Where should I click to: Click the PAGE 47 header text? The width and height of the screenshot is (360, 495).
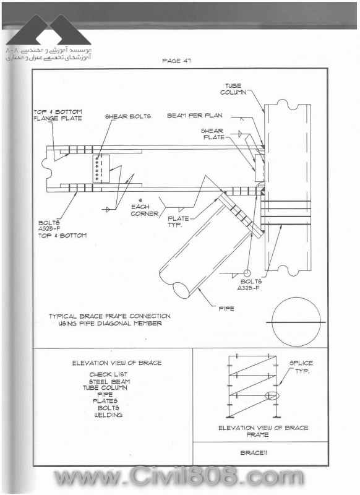[176, 61]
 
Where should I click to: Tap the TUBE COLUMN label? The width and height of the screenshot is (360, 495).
[233, 89]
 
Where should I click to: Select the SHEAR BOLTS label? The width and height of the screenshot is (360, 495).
[128, 116]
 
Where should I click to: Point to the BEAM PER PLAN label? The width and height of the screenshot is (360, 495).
[195, 116]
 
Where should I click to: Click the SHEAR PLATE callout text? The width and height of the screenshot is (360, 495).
[213, 134]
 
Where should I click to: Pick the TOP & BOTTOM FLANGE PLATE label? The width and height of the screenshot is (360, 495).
[58, 115]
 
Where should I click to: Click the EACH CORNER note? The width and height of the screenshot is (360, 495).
[145, 210]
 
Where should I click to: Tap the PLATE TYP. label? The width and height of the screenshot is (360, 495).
[178, 222]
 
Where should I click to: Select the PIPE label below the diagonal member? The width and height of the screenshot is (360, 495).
[226, 308]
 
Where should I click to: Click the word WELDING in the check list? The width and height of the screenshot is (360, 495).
[108, 415]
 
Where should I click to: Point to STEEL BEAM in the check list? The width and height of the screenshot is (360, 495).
[109, 381]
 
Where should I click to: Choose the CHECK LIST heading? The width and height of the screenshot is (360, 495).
[108, 374]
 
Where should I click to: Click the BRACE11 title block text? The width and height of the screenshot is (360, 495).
[254, 453]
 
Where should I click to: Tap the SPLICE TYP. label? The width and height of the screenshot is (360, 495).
[301, 367]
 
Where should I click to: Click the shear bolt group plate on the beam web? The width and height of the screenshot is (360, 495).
[101, 168]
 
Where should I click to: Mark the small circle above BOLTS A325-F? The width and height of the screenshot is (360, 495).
[247, 272]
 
